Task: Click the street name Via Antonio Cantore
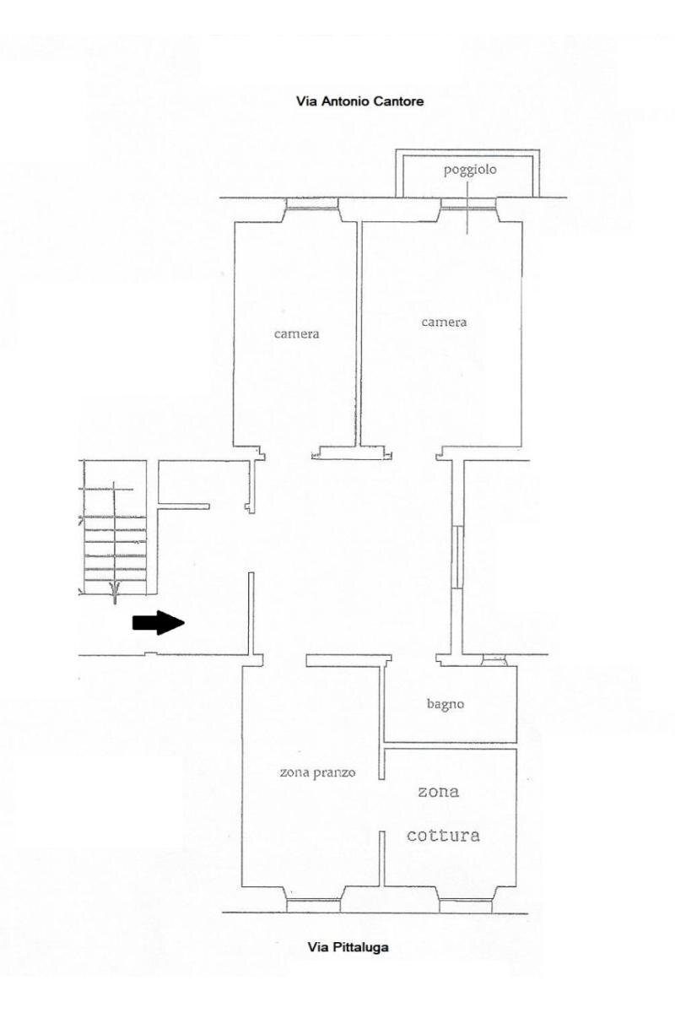359,101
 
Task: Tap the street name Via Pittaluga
348,948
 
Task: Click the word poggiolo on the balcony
470,171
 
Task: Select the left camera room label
297,333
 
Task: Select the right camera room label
444,322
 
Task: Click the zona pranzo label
318,772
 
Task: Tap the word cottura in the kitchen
443,836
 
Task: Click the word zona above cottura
439,793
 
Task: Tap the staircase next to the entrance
115,532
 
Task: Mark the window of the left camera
312,203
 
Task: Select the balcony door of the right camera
468,203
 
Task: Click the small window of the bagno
494,659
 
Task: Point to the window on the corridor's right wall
456,556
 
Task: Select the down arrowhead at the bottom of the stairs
115,588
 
